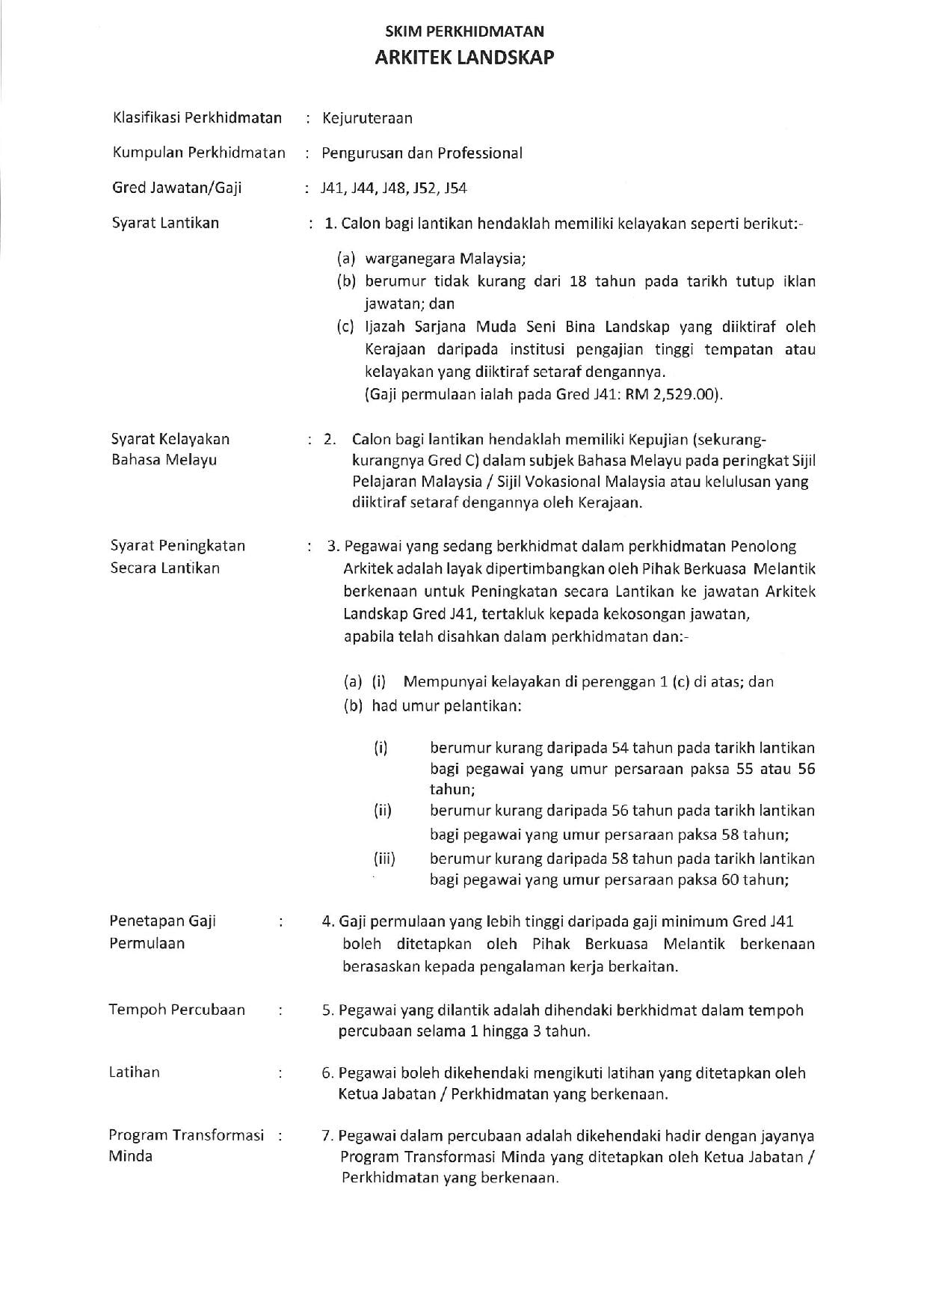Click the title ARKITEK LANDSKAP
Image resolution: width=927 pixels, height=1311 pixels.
pyautogui.click(x=464, y=58)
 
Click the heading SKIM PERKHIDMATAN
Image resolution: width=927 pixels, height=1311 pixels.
pyautogui.click(x=464, y=31)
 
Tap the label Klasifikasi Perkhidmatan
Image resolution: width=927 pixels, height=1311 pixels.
pyautogui.click(x=197, y=117)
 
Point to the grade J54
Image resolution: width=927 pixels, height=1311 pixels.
pyautogui.click(x=455, y=188)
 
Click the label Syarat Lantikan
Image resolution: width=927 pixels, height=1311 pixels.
pyautogui.click(x=165, y=223)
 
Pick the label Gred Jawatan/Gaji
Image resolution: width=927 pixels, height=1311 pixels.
pyautogui.click(x=177, y=188)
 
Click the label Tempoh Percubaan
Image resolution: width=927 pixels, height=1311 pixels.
pyautogui.click(x=177, y=1010)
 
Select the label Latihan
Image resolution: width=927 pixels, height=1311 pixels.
pyautogui.click(x=135, y=1072)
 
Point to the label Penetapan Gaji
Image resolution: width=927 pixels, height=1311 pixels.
pyautogui.click(x=163, y=921)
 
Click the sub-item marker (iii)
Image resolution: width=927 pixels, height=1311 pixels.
pyautogui.click(x=384, y=859)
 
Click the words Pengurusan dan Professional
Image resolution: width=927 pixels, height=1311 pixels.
pyautogui.click(x=422, y=153)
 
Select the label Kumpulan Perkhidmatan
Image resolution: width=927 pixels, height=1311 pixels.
pyautogui.click(x=199, y=153)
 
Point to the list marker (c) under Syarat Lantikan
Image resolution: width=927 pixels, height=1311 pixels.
pyautogui.click(x=345, y=327)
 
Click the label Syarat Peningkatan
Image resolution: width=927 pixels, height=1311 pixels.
pyautogui.click(x=178, y=546)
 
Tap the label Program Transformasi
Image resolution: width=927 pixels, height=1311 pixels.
pyautogui.click(x=187, y=1135)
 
